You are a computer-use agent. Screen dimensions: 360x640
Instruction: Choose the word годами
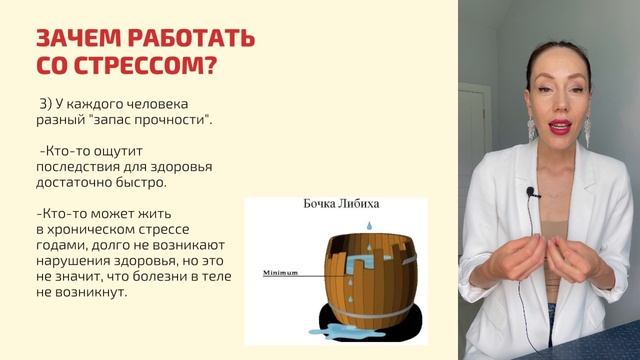[x=62, y=247]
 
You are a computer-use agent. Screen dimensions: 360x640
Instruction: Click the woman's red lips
[x=559, y=126]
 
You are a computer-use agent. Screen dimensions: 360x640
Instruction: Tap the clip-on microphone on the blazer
[x=533, y=192]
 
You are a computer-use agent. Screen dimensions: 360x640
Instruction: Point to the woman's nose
[x=557, y=106]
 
